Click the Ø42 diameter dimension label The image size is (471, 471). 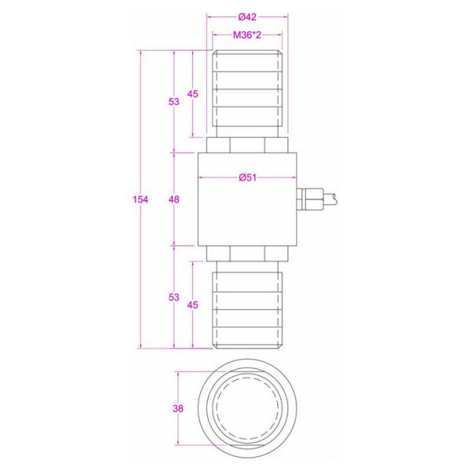247,17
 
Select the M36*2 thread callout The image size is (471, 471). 247,35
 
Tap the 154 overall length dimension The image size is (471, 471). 141,199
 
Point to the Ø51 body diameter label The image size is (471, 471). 247,177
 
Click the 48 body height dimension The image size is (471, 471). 174,199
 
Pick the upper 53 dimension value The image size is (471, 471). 174,102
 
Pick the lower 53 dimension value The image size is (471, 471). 174,297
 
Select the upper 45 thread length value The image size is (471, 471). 192,94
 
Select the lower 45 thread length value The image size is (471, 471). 192,305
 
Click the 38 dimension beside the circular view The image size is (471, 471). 178,408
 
